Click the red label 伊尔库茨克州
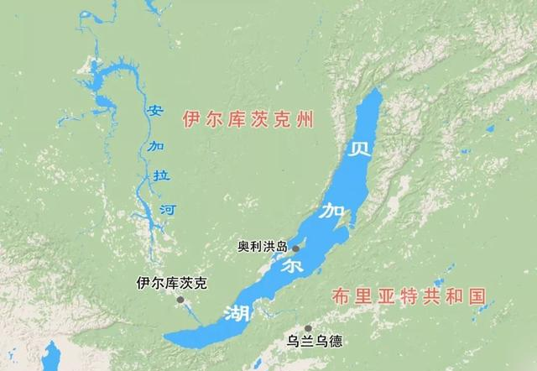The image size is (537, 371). [x=248, y=122]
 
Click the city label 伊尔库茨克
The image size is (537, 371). [x=171, y=284]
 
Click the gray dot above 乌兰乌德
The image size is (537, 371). [x=309, y=328]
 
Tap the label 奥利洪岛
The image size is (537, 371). [x=263, y=247]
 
